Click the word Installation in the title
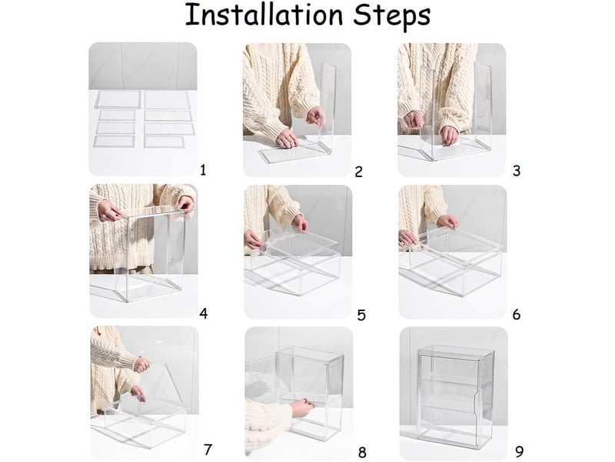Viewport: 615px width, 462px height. click(264, 15)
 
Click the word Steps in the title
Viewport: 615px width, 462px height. click(391, 17)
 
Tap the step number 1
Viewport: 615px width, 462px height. click(203, 170)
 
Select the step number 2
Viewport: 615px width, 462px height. click(358, 172)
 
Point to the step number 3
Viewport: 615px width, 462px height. click(517, 171)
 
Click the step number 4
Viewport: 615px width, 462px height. click(203, 313)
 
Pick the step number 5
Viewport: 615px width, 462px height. click(361, 315)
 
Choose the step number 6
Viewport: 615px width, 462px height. click(517, 314)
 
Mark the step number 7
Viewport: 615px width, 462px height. click(208, 449)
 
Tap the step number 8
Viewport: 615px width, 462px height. click(362, 452)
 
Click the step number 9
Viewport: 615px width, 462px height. click(520, 451)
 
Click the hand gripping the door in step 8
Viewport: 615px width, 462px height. click(302, 408)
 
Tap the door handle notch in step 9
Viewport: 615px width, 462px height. click(478, 405)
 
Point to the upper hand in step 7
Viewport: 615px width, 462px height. click(142, 364)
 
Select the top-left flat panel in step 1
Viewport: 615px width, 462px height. click(118, 99)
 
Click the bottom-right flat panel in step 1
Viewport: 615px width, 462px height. click(164, 142)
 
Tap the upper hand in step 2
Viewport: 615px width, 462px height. click(317, 116)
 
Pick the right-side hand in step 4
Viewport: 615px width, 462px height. click(185, 205)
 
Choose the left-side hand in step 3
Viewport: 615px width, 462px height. click(414, 119)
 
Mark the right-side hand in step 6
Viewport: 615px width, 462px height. click(448, 222)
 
